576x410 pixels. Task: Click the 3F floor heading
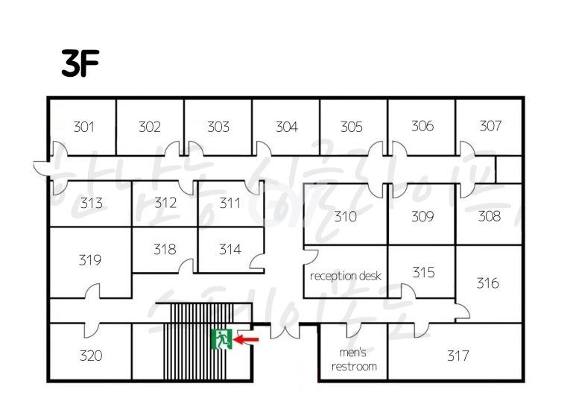point(80,65)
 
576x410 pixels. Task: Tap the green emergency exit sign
point(221,340)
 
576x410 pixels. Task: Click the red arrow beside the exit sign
point(247,340)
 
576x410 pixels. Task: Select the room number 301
point(83,127)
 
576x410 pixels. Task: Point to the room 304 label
point(286,127)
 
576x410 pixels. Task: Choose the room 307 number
point(490,126)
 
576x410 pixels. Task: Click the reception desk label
point(345,276)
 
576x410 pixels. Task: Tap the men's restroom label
point(354,359)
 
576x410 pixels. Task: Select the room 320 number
point(91,356)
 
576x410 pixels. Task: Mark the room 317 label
point(458,356)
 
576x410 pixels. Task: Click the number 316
point(487,283)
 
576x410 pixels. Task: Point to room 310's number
point(345,217)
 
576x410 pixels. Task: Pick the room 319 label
point(89,260)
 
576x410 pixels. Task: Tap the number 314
point(230,250)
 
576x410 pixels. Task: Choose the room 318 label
point(165,250)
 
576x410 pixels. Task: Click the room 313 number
point(91,203)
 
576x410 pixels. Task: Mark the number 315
point(422,272)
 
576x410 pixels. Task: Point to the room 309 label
point(422,217)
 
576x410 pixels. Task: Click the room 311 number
point(230,202)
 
